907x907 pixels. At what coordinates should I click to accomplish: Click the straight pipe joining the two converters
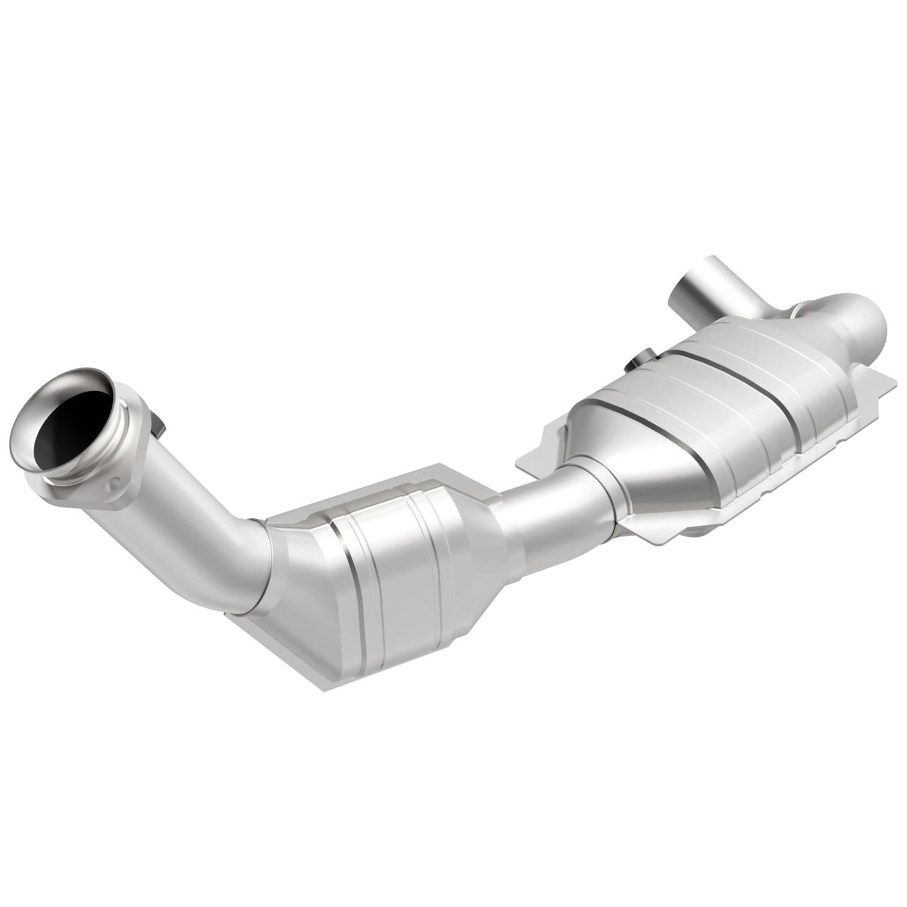(x=544, y=502)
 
